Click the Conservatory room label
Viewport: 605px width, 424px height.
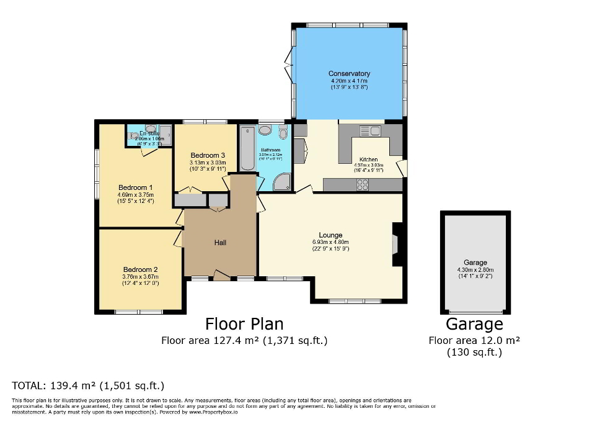(x=349, y=74)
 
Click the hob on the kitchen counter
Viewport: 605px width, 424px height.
(x=362, y=184)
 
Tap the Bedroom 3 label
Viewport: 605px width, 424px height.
(x=208, y=155)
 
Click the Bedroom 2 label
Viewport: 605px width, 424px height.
(x=140, y=269)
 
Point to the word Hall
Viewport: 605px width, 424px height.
(x=220, y=242)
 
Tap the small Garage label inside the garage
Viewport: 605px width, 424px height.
(x=475, y=263)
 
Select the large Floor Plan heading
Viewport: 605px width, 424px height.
(x=244, y=324)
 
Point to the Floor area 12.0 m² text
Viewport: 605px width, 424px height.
(x=474, y=340)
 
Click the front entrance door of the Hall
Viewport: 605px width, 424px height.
(x=221, y=275)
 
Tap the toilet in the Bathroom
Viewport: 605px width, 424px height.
(x=283, y=132)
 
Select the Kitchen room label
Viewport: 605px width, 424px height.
(x=369, y=160)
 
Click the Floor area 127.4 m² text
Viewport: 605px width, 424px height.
(x=244, y=340)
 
